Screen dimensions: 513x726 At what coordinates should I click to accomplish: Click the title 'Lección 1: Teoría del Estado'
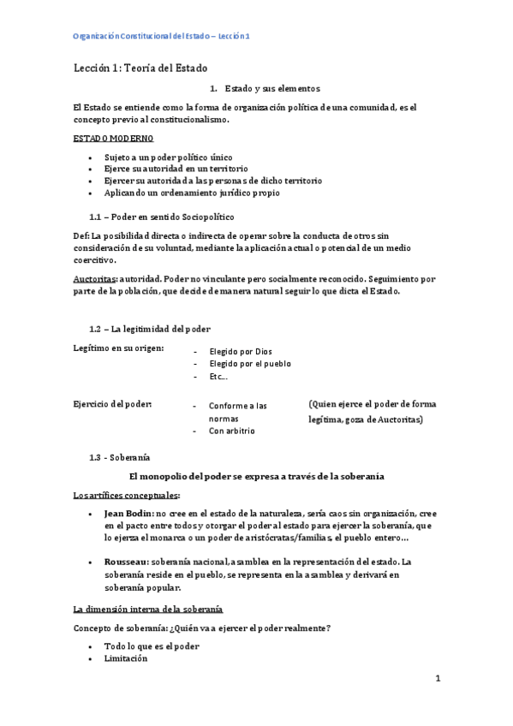coord(140,68)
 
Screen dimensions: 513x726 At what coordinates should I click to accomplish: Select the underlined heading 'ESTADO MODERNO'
coord(114,139)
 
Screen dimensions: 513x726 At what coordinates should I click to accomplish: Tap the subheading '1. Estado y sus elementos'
coord(265,88)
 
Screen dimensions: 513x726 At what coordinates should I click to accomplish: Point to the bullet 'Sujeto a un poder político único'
coord(168,158)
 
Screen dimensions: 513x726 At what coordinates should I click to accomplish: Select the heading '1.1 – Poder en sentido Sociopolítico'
coord(161,217)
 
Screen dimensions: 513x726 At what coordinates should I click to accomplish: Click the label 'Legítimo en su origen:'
coord(119,348)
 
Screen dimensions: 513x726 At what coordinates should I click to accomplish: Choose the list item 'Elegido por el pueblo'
coord(249,364)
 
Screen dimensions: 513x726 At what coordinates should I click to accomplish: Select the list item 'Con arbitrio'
coord(231,431)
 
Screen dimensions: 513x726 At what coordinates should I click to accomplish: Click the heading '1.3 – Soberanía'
coord(120,457)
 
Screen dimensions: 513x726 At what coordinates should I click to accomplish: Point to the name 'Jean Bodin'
coord(128,512)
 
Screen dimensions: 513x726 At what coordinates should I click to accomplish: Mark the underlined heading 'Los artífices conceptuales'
coord(126,495)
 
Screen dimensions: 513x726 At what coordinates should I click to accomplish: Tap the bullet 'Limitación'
coord(126,659)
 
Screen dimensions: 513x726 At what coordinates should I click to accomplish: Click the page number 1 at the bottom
coord(437,679)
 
